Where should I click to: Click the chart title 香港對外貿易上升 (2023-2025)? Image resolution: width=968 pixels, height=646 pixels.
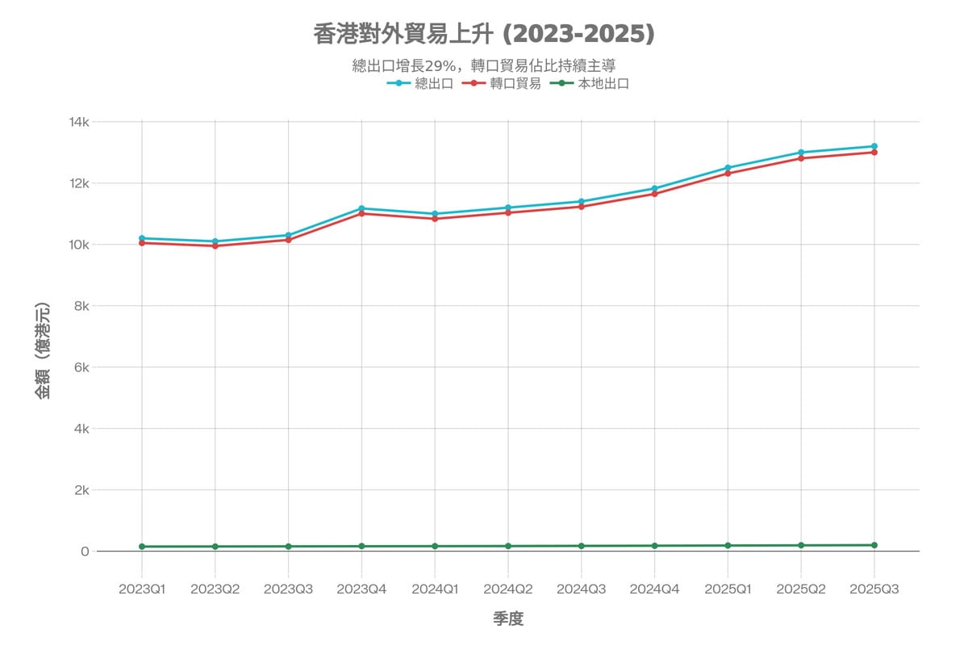pyautogui.click(x=484, y=34)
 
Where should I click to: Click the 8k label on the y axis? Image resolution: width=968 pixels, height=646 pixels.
pyautogui.click(x=82, y=306)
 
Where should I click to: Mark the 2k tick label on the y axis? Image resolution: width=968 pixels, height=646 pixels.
pyautogui.click(x=82, y=490)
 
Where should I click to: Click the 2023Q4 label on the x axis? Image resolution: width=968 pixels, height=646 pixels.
pyautogui.click(x=361, y=589)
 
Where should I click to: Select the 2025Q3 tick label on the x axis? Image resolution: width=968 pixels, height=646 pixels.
pyautogui.click(x=874, y=589)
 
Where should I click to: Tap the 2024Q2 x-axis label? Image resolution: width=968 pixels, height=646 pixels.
pyautogui.click(x=508, y=589)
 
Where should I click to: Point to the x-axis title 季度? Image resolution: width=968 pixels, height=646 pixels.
pyautogui.click(x=508, y=619)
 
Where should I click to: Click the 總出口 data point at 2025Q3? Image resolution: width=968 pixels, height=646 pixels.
pyautogui.click(x=874, y=146)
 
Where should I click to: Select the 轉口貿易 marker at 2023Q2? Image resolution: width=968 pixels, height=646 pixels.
pyautogui.click(x=215, y=245)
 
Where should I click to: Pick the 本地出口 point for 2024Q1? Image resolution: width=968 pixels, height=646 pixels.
pyautogui.click(x=435, y=547)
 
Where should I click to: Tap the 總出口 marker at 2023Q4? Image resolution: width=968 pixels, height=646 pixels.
pyautogui.click(x=361, y=208)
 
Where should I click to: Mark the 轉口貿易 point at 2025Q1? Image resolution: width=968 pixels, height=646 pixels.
pyautogui.click(x=728, y=173)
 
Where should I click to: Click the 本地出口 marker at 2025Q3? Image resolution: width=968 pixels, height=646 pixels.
pyautogui.click(x=874, y=545)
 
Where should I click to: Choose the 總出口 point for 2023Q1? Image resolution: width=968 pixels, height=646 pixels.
pyautogui.click(x=142, y=238)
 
